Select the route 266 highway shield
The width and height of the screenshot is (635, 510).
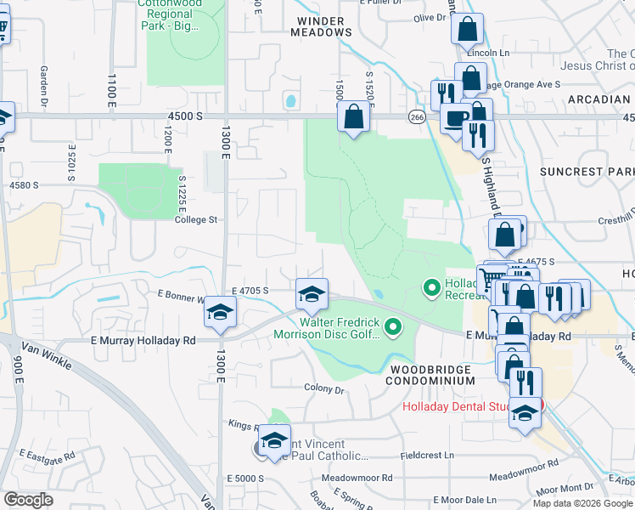416,116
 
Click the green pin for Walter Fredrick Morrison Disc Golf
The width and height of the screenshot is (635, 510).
392,326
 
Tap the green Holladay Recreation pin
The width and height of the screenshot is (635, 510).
432,290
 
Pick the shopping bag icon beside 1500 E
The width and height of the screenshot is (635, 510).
354,115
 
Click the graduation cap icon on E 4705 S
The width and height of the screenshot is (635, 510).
312,294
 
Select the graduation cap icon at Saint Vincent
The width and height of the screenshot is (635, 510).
274,441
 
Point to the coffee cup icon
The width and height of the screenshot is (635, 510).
456,118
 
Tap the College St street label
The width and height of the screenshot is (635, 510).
196,219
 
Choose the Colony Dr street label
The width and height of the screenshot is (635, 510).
324,389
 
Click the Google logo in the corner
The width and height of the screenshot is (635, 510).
28,500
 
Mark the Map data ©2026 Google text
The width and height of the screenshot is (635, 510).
582,503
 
